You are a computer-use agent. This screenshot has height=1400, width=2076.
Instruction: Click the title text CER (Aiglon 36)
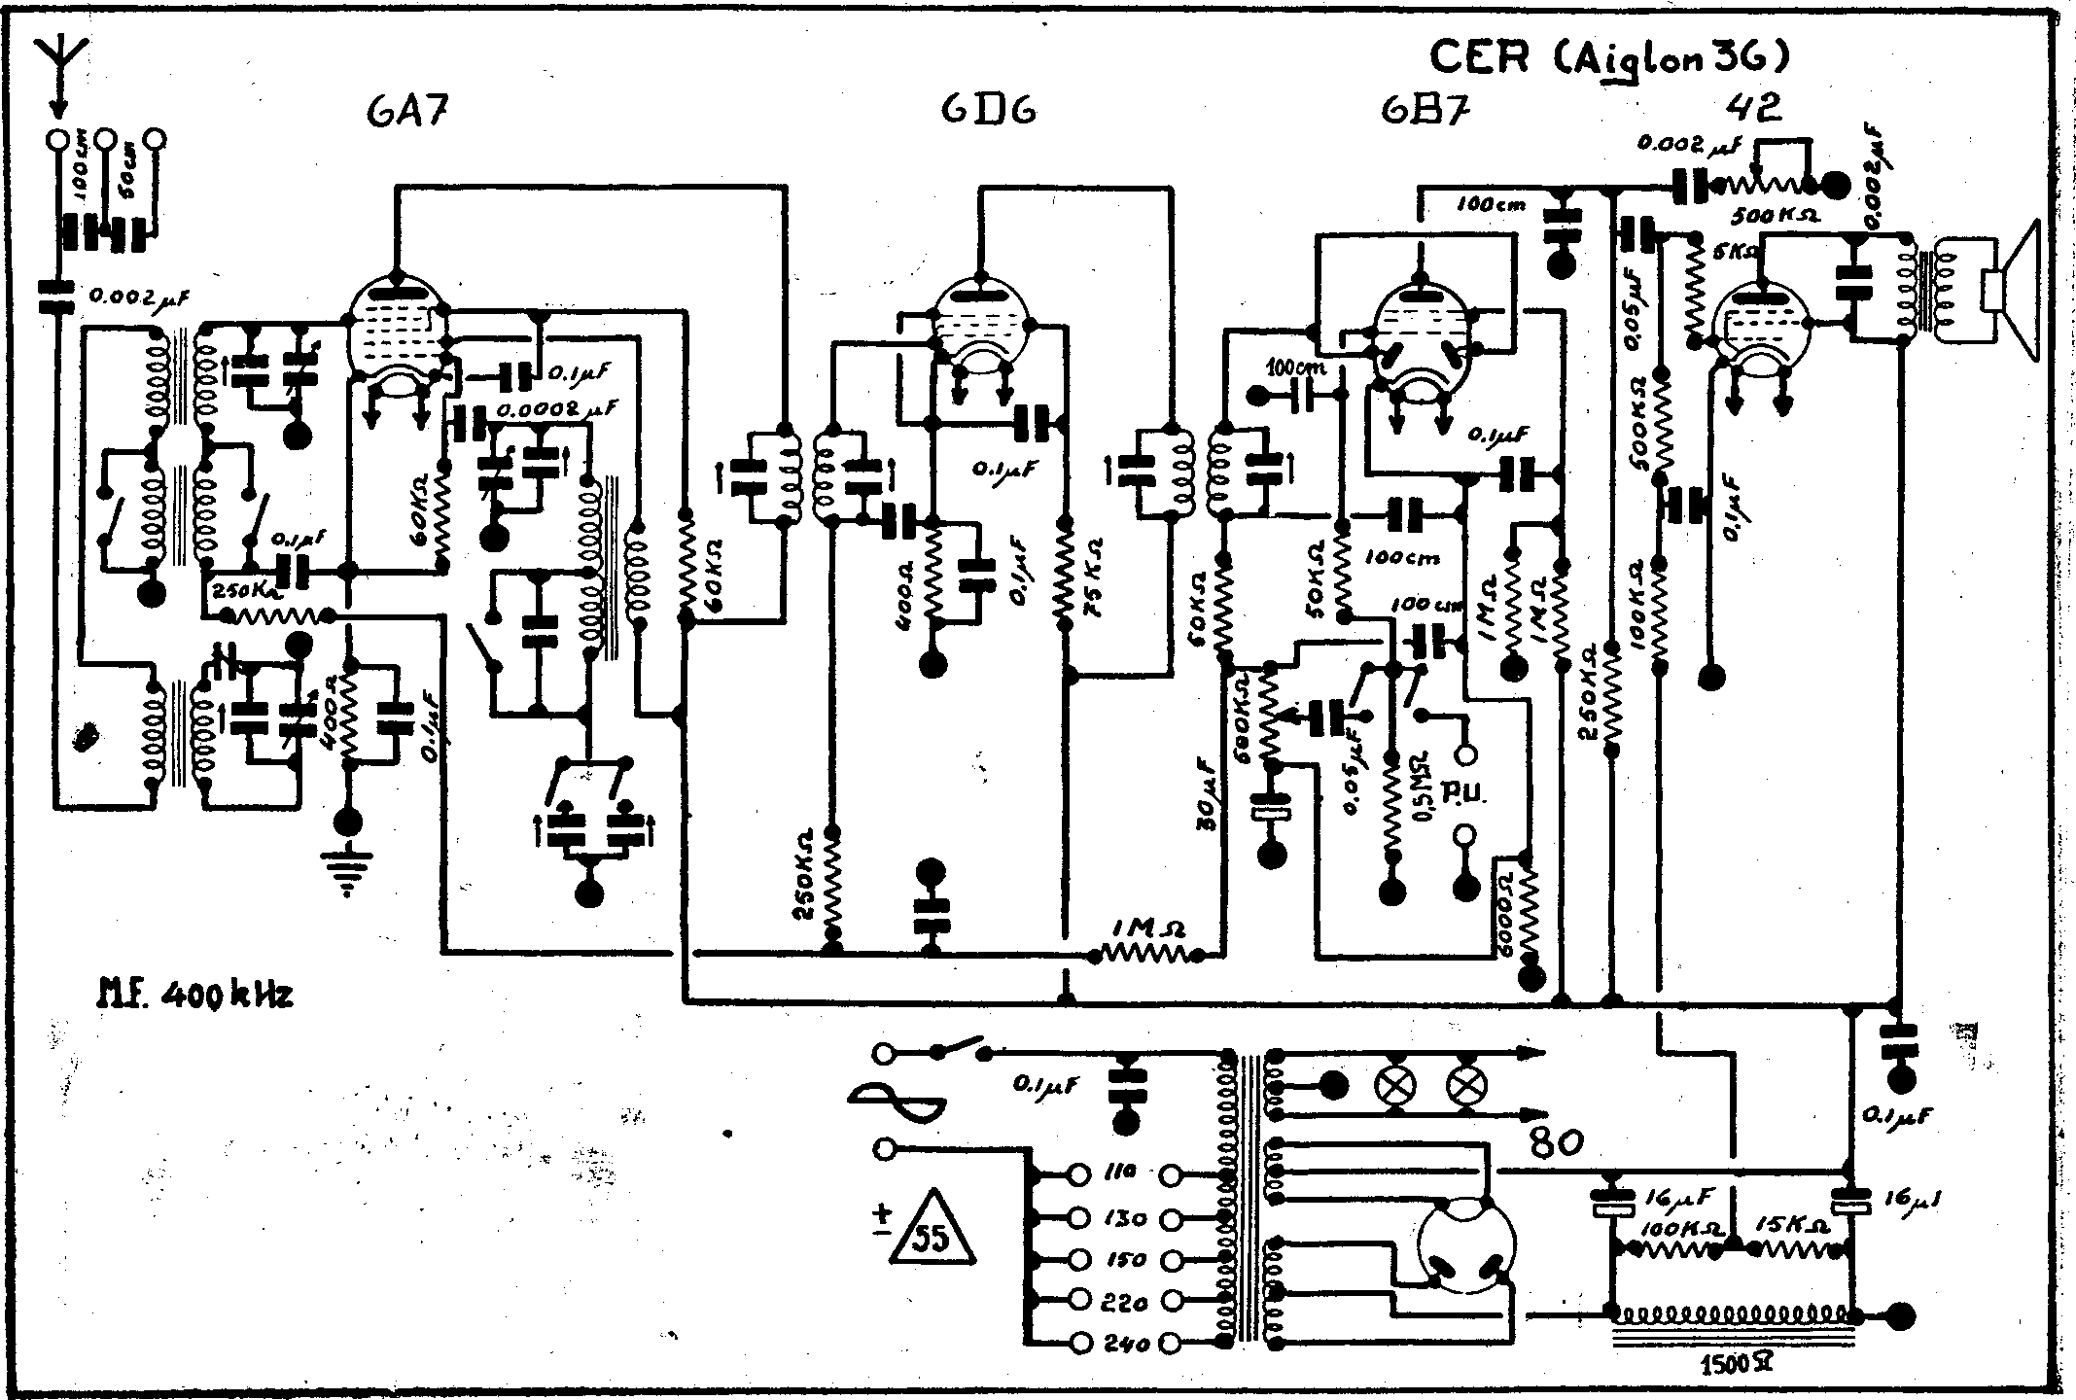point(1608,58)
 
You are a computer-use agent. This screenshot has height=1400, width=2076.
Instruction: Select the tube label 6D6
point(988,110)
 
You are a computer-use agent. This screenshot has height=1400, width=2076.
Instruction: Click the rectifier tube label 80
point(1556,1140)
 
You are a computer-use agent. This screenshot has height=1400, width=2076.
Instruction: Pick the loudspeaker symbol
point(2009,290)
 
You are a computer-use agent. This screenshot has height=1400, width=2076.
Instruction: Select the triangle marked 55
point(932,1229)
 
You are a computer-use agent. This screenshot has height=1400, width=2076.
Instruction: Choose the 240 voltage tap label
point(1126,1344)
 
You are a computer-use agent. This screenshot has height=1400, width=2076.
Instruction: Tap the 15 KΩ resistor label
point(1787,1227)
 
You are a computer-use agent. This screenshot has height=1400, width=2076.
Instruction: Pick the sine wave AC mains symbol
point(897,1100)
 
